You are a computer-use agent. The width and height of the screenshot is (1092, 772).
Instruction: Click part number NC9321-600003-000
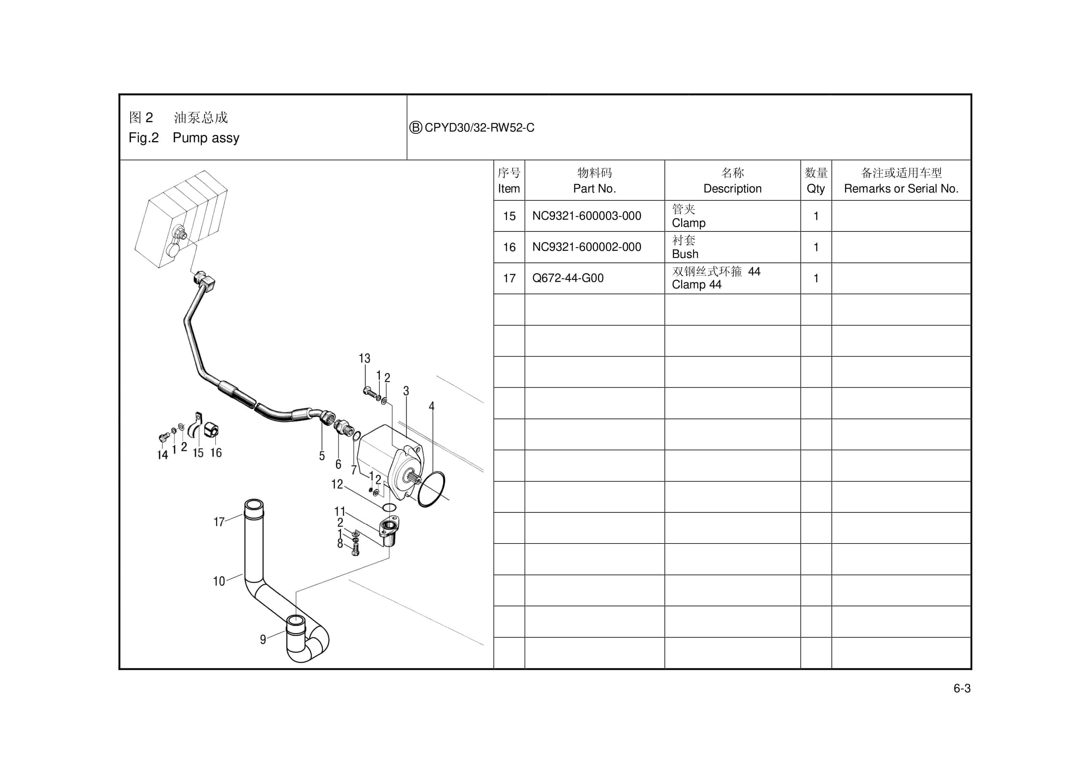(587, 216)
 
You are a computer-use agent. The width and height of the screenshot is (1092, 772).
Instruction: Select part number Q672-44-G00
(567, 278)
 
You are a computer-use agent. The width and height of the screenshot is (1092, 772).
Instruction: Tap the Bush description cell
(732, 247)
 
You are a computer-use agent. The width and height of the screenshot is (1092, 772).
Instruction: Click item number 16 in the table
(509, 247)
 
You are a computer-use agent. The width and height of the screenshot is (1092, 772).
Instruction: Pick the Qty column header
(816, 181)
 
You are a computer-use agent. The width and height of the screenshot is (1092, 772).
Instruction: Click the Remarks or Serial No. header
(901, 181)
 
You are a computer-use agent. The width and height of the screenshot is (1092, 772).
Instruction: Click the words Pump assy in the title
(206, 138)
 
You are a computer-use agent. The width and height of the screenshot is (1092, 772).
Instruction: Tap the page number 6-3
(961, 688)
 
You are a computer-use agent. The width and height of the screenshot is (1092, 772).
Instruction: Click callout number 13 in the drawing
(364, 358)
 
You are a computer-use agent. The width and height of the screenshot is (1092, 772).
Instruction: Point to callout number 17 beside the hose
(219, 522)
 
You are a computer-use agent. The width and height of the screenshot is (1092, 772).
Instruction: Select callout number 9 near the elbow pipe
(263, 640)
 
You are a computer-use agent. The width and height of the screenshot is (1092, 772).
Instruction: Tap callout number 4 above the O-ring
(431, 406)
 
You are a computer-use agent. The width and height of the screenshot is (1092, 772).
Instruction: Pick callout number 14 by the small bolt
(163, 455)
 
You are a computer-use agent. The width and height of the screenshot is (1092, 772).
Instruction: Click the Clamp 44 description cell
(732, 278)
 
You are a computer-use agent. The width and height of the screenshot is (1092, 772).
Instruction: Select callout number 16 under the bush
(216, 452)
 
